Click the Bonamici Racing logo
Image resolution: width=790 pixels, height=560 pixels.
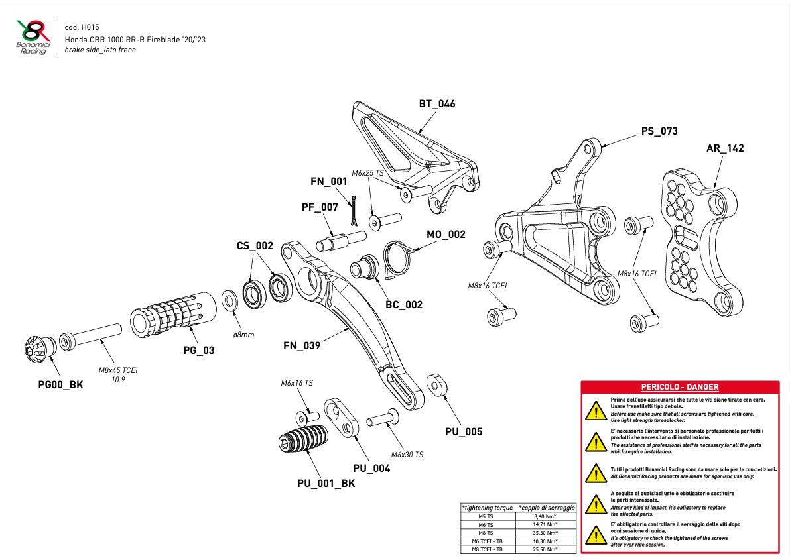[33, 37]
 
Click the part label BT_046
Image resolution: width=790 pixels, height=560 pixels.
[436, 104]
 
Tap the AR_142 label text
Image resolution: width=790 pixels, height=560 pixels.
[724, 148]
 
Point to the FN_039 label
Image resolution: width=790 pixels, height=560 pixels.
[302, 345]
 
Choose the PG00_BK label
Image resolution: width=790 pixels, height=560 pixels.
[60, 384]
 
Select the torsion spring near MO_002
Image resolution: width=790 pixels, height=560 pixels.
[399, 257]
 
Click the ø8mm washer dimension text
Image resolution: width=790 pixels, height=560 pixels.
[243, 335]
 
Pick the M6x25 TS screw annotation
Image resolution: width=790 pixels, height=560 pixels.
[367, 173]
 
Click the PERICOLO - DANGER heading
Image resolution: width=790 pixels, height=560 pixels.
[679, 387]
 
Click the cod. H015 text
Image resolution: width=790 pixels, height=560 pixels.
[81, 27]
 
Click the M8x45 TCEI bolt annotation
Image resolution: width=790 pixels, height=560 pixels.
[118, 370]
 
